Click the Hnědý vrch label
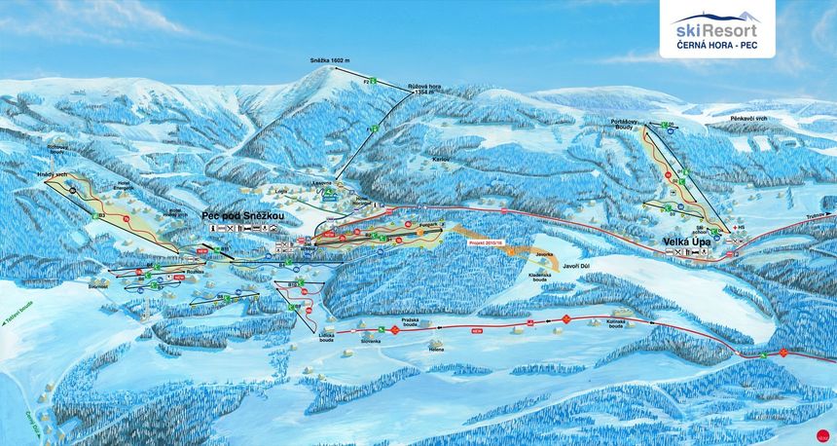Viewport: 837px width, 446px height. [52, 174]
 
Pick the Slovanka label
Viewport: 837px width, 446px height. [370, 341]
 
